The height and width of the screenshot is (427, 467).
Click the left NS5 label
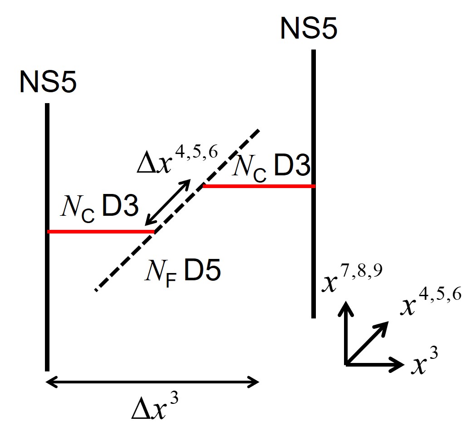pyautogui.click(x=48, y=83)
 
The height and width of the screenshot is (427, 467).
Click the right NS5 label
pyautogui.click(x=309, y=28)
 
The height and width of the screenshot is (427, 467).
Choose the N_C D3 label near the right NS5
pyautogui.click(x=271, y=169)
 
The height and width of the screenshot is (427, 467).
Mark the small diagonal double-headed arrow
pyautogui.click(x=167, y=202)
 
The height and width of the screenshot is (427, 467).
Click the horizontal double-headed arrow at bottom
pyautogui.click(x=152, y=382)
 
